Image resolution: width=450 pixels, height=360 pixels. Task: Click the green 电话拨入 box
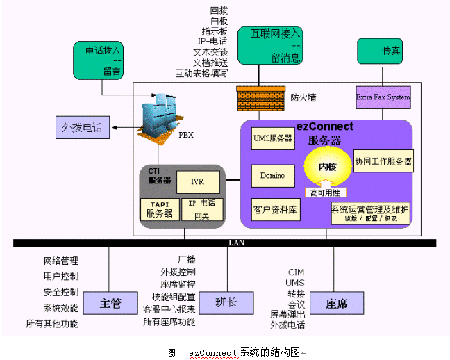(x=103, y=59)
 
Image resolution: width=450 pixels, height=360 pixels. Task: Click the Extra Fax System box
(x=383, y=97)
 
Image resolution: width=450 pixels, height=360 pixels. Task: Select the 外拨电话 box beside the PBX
(x=82, y=127)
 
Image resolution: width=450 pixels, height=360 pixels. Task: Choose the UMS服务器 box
(x=273, y=138)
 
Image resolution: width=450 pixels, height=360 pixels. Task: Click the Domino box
(x=273, y=176)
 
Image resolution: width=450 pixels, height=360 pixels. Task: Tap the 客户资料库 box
(x=276, y=209)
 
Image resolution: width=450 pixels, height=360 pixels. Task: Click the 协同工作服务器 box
(x=383, y=161)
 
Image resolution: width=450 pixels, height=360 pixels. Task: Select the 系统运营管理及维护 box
(x=370, y=212)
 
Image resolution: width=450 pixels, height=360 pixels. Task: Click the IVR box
(x=198, y=181)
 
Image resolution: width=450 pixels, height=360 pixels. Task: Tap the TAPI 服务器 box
(x=160, y=209)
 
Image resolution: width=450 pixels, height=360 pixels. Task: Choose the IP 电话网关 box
(x=202, y=208)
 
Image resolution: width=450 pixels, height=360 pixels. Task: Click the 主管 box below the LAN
(x=111, y=303)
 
